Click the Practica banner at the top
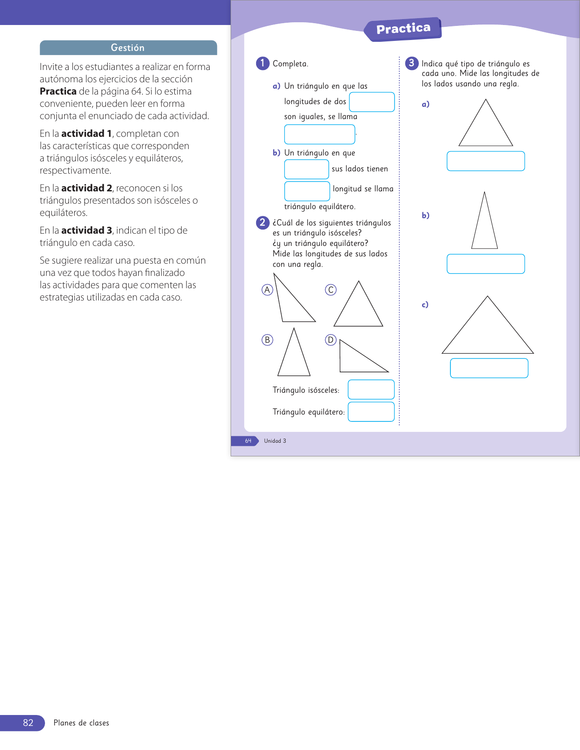[403, 29]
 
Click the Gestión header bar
[128, 48]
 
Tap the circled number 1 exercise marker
[262, 63]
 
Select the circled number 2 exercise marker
[262, 222]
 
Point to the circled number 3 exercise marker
[411, 63]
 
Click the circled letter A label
[267, 290]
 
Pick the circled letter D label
[331, 340]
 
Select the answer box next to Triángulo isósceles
[371, 390]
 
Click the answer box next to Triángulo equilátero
[371, 412]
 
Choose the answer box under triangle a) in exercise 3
[485, 161]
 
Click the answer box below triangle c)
[489, 368]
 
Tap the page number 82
[28, 723]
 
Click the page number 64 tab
[248, 441]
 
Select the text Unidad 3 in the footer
[275, 441]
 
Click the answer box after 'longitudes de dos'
[372, 102]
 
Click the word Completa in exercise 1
[290, 64]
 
